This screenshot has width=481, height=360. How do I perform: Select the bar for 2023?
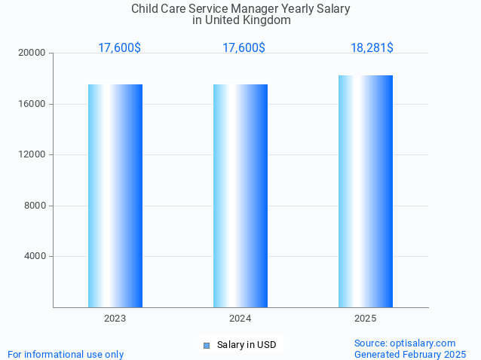(115, 196)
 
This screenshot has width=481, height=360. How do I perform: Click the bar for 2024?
(240, 196)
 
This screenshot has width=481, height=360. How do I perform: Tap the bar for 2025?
(366, 191)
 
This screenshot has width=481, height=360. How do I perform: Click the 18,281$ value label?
(372, 47)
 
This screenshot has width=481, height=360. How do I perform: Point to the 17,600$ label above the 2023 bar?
(119, 47)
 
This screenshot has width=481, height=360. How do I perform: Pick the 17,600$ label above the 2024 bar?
(244, 47)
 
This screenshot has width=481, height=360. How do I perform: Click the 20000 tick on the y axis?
(33, 53)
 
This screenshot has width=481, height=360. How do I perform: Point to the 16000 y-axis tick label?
(33, 104)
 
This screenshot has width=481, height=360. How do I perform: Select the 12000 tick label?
(33, 154)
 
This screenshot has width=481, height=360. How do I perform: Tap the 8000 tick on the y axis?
(35, 206)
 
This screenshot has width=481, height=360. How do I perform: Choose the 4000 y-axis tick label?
(35, 256)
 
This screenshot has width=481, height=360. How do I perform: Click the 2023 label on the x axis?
(115, 319)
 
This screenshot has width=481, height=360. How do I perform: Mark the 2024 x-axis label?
(240, 319)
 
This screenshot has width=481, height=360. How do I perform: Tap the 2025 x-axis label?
(366, 319)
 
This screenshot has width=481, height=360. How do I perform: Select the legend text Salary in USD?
(247, 345)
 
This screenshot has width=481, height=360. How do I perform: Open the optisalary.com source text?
(405, 343)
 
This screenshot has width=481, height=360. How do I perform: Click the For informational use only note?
(66, 354)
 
